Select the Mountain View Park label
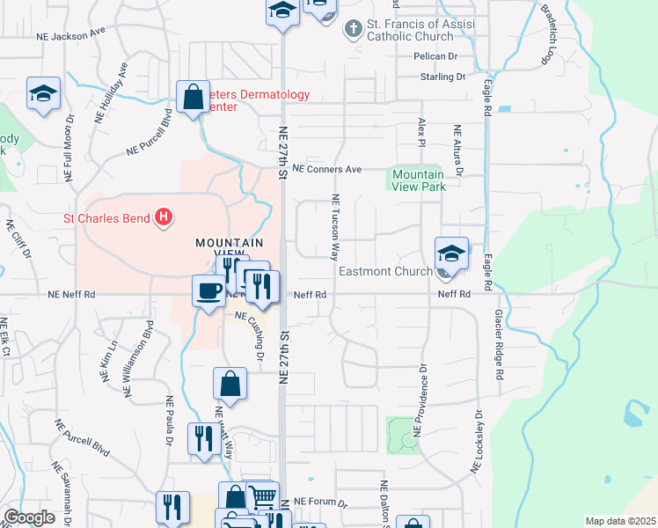419,180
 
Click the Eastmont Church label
385,272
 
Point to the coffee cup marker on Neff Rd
209,290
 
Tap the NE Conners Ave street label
327,169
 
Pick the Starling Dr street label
443,77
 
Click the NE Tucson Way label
335,228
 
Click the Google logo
29,517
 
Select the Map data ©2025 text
620,521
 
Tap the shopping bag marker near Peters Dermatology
193,98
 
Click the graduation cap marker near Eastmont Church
451,253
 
